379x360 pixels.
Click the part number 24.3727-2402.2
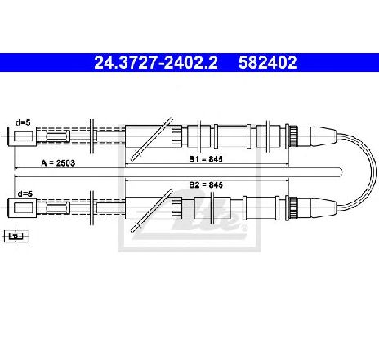[156, 63]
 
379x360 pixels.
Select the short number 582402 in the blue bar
[268, 63]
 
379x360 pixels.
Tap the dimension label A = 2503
[58, 163]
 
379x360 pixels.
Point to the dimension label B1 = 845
[206, 159]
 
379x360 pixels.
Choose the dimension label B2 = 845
[206, 185]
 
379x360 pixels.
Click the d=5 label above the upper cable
[23, 122]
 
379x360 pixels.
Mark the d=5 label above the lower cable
[25, 193]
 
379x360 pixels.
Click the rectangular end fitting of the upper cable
[22, 136]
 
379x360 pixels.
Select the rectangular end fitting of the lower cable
[22, 208]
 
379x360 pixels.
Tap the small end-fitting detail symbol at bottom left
[16, 236]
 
